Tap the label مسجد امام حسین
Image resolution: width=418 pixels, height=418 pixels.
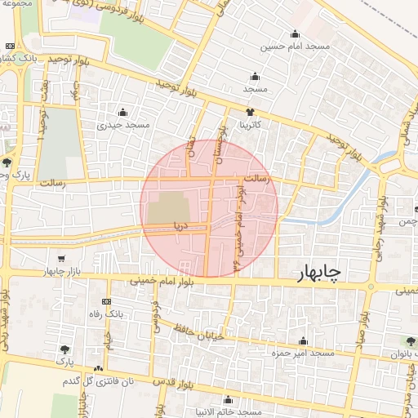click(x=295, y=47)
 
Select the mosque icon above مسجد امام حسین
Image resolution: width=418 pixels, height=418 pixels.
click(x=295, y=34)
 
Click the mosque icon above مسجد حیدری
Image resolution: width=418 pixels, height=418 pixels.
click(x=123, y=113)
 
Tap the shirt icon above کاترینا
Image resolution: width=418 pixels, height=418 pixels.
click(x=251, y=113)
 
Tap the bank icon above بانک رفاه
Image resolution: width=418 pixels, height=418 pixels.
click(x=104, y=301)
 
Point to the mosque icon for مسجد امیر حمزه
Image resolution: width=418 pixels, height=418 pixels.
click(x=304, y=341)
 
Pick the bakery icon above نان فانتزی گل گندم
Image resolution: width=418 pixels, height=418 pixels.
click(x=99, y=369)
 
